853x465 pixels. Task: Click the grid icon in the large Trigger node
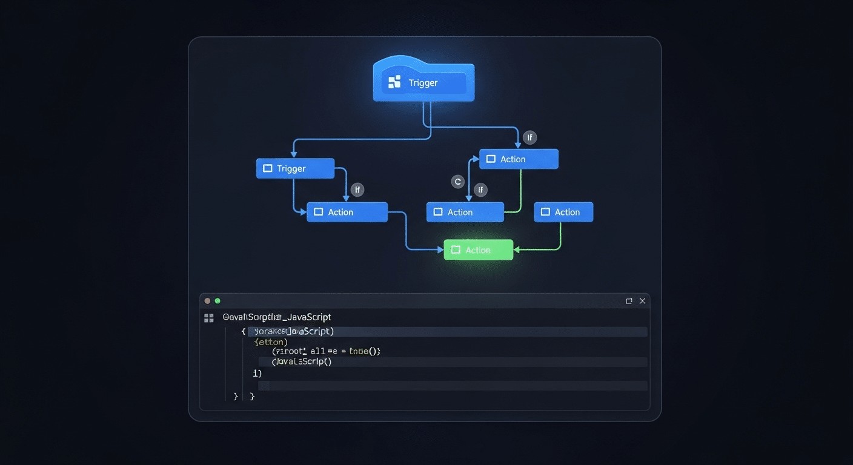tap(394, 82)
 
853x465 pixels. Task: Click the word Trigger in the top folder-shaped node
tap(423, 83)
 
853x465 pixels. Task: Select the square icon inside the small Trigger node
tap(268, 169)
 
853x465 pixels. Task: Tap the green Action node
tap(478, 250)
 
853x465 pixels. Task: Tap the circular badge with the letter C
tap(458, 181)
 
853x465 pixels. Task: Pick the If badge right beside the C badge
tap(480, 190)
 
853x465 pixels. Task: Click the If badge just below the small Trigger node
tap(357, 190)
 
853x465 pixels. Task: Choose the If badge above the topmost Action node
tap(529, 137)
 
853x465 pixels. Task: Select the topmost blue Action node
tap(519, 159)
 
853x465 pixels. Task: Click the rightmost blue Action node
tap(563, 212)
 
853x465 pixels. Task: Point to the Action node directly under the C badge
tap(465, 212)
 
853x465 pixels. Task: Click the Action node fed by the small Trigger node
tap(347, 212)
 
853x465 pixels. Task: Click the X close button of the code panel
tap(643, 301)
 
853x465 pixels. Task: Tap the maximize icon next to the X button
tap(629, 301)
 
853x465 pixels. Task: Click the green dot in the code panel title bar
tap(217, 301)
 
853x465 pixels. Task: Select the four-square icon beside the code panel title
tap(209, 318)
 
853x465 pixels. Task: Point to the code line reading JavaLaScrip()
tap(302, 361)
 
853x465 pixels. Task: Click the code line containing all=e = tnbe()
tap(326, 351)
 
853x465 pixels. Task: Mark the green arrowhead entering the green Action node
tap(517, 249)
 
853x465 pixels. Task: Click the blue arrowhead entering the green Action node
tap(440, 249)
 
